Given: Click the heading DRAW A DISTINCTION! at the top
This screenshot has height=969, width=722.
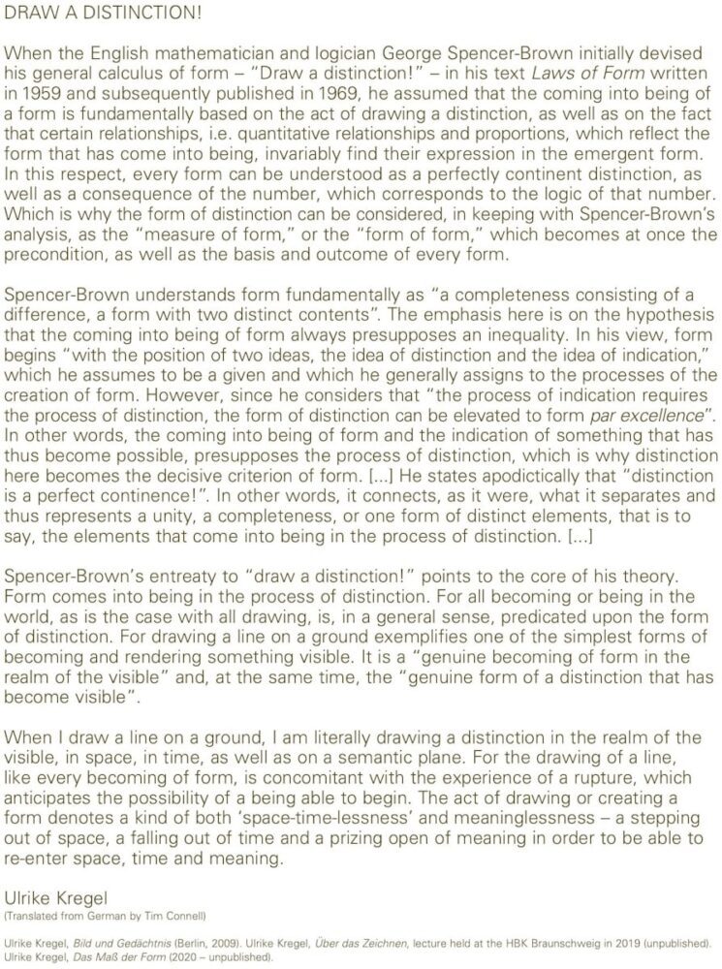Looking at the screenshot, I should [x=80, y=13].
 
